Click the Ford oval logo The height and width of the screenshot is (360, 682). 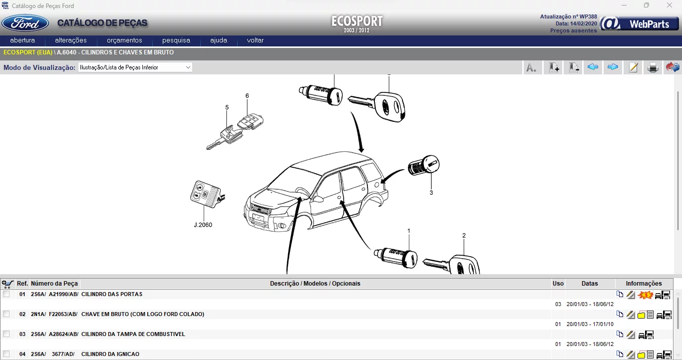click(25, 23)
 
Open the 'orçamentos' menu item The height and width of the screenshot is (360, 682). click(124, 40)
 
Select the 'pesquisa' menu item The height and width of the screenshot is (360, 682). click(176, 40)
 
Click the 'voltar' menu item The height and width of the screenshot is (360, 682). click(255, 40)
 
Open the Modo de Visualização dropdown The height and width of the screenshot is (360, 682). click(135, 67)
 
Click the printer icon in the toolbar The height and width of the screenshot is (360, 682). click(653, 67)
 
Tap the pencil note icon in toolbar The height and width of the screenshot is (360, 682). click(633, 67)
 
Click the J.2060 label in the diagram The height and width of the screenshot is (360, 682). click(203, 225)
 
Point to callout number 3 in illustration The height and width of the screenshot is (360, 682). click(431, 192)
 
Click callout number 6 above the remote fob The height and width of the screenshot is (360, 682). click(247, 96)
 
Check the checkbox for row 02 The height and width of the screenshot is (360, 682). click(6, 314)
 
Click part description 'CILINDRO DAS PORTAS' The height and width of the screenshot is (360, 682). click(111, 295)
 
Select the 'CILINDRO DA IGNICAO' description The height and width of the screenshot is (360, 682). click(110, 355)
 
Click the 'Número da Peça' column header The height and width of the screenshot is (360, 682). click(54, 284)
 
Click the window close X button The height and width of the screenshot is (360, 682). click(670, 5)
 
